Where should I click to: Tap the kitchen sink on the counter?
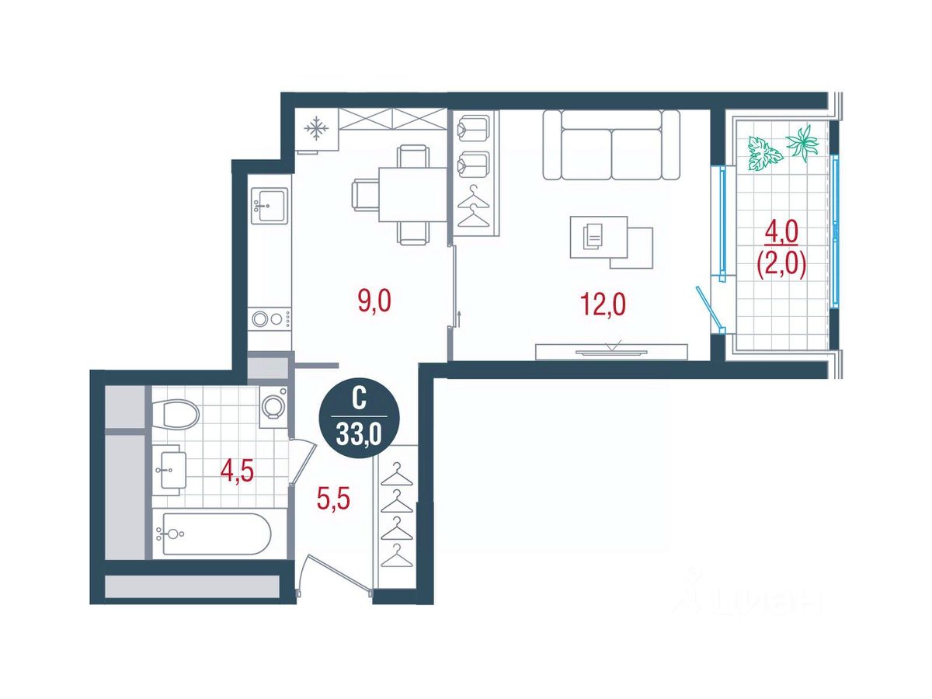(269, 206)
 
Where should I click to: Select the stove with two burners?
(270, 318)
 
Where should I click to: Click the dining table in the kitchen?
(412, 194)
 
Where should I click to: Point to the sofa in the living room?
(611, 145)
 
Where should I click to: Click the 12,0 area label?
(603, 304)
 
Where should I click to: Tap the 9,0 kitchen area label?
(374, 301)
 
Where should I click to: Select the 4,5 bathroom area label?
(238, 471)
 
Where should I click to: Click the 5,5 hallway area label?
(333, 499)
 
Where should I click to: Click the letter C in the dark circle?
(359, 399)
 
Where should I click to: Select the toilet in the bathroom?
(181, 414)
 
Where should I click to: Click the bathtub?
(217, 534)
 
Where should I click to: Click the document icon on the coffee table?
(593, 236)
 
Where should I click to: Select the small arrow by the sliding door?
(460, 318)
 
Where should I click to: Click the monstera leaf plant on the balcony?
(765, 154)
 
